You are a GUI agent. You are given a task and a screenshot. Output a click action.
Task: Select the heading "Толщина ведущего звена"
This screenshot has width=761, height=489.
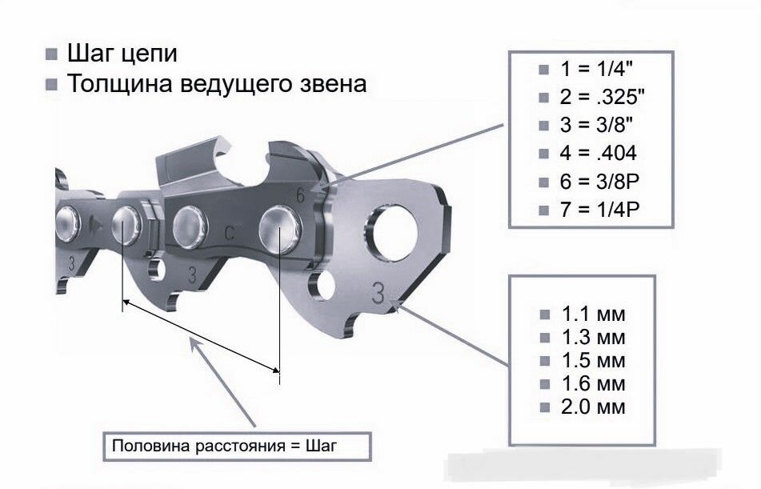point(216,83)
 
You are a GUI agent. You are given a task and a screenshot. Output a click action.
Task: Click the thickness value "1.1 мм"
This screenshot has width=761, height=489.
point(593,312)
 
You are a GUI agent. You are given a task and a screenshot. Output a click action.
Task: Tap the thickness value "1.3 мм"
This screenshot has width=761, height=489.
point(593,336)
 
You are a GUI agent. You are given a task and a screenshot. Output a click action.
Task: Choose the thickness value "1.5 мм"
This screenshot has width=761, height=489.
point(593,360)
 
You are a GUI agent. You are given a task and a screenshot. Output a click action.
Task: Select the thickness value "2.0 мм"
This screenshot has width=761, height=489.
point(593,407)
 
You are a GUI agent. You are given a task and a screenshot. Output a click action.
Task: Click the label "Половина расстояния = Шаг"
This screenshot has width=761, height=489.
point(225,446)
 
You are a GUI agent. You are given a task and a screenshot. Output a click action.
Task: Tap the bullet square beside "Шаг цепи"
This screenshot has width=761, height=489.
point(52,55)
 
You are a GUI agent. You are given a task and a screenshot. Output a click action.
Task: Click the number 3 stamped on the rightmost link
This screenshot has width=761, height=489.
point(377,292)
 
